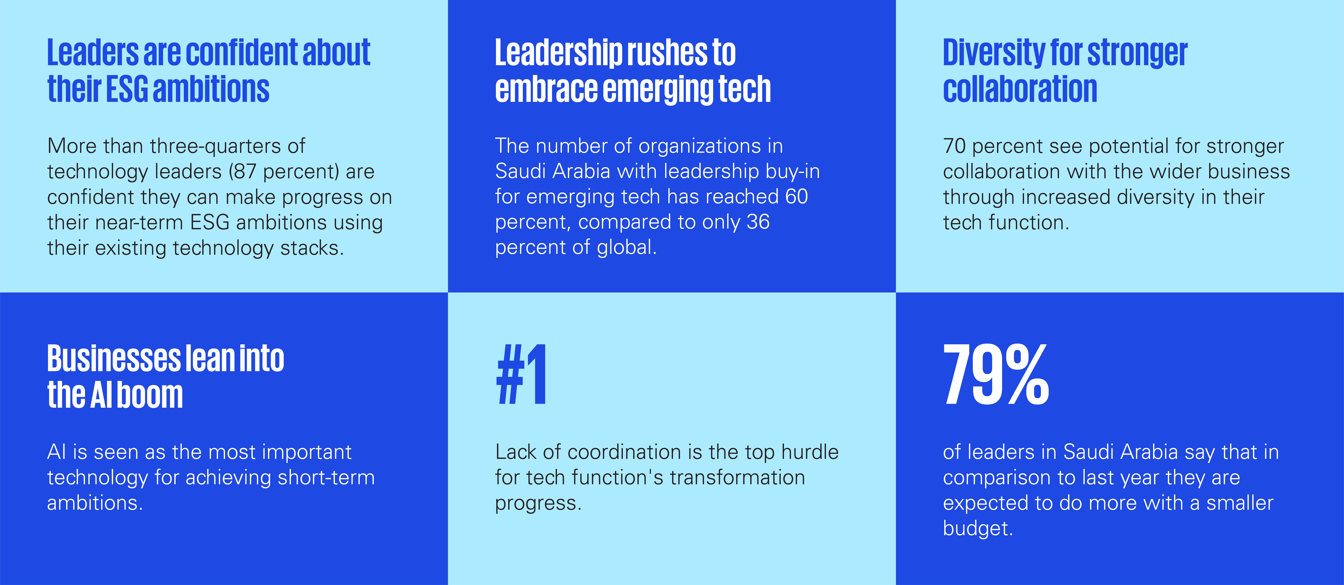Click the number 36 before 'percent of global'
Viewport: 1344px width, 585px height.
click(x=758, y=222)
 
